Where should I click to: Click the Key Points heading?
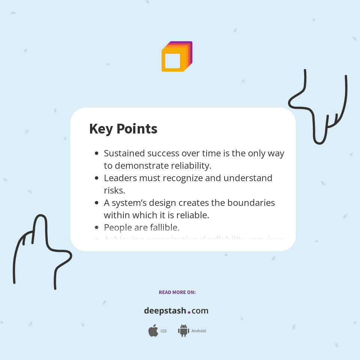[x=123, y=129]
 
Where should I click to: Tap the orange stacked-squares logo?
[x=177, y=57]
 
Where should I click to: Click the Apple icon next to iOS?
[x=153, y=331]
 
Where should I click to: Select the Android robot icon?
[x=183, y=331]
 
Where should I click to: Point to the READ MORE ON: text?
[x=177, y=292]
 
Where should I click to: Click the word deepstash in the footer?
[x=165, y=311]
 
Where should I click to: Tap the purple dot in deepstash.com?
[x=189, y=312]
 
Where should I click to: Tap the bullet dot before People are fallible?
[x=97, y=228]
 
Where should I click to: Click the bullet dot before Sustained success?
[x=97, y=153]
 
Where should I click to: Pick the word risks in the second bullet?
[x=114, y=190]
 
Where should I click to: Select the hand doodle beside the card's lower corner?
[x=41, y=251]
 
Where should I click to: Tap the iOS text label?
[x=163, y=331]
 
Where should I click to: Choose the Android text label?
[x=198, y=331]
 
